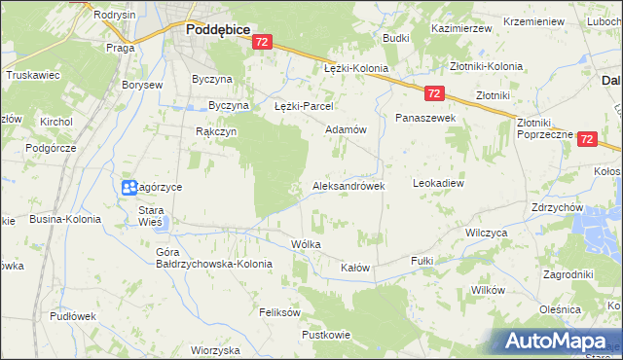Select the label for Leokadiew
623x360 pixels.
[438, 182]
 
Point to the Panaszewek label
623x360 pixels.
[424, 117]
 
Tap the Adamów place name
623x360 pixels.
[345, 129]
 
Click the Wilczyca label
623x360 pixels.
[487, 234]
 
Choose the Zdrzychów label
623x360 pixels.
[557, 207]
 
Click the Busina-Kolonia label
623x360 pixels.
[66, 219]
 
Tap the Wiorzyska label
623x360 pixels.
[215, 350]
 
